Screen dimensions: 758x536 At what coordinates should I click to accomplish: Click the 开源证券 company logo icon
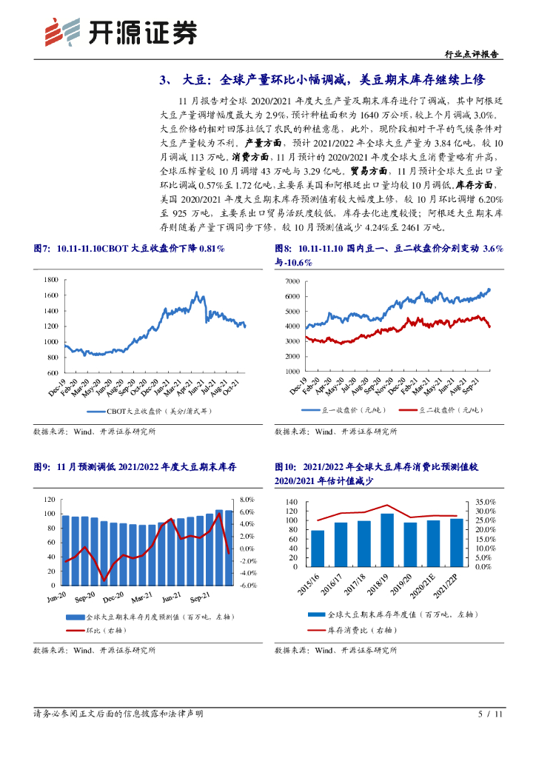pyautogui.click(x=61, y=32)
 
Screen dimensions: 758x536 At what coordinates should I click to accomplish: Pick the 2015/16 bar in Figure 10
pyautogui.click(x=318, y=548)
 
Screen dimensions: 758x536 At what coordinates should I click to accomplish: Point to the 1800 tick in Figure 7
pyautogui.click(x=50, y=280)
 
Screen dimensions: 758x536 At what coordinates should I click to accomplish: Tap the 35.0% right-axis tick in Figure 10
pyautogui.click(x=484, y=503)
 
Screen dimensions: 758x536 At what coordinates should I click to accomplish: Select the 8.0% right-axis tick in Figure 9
pyautogui.click(x=248, y=500)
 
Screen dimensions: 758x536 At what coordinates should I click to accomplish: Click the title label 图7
pyautogui.click(x=41, y=249)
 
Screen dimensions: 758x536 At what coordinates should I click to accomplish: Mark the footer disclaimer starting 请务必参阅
pyautogui.click(x=118, y=714)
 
